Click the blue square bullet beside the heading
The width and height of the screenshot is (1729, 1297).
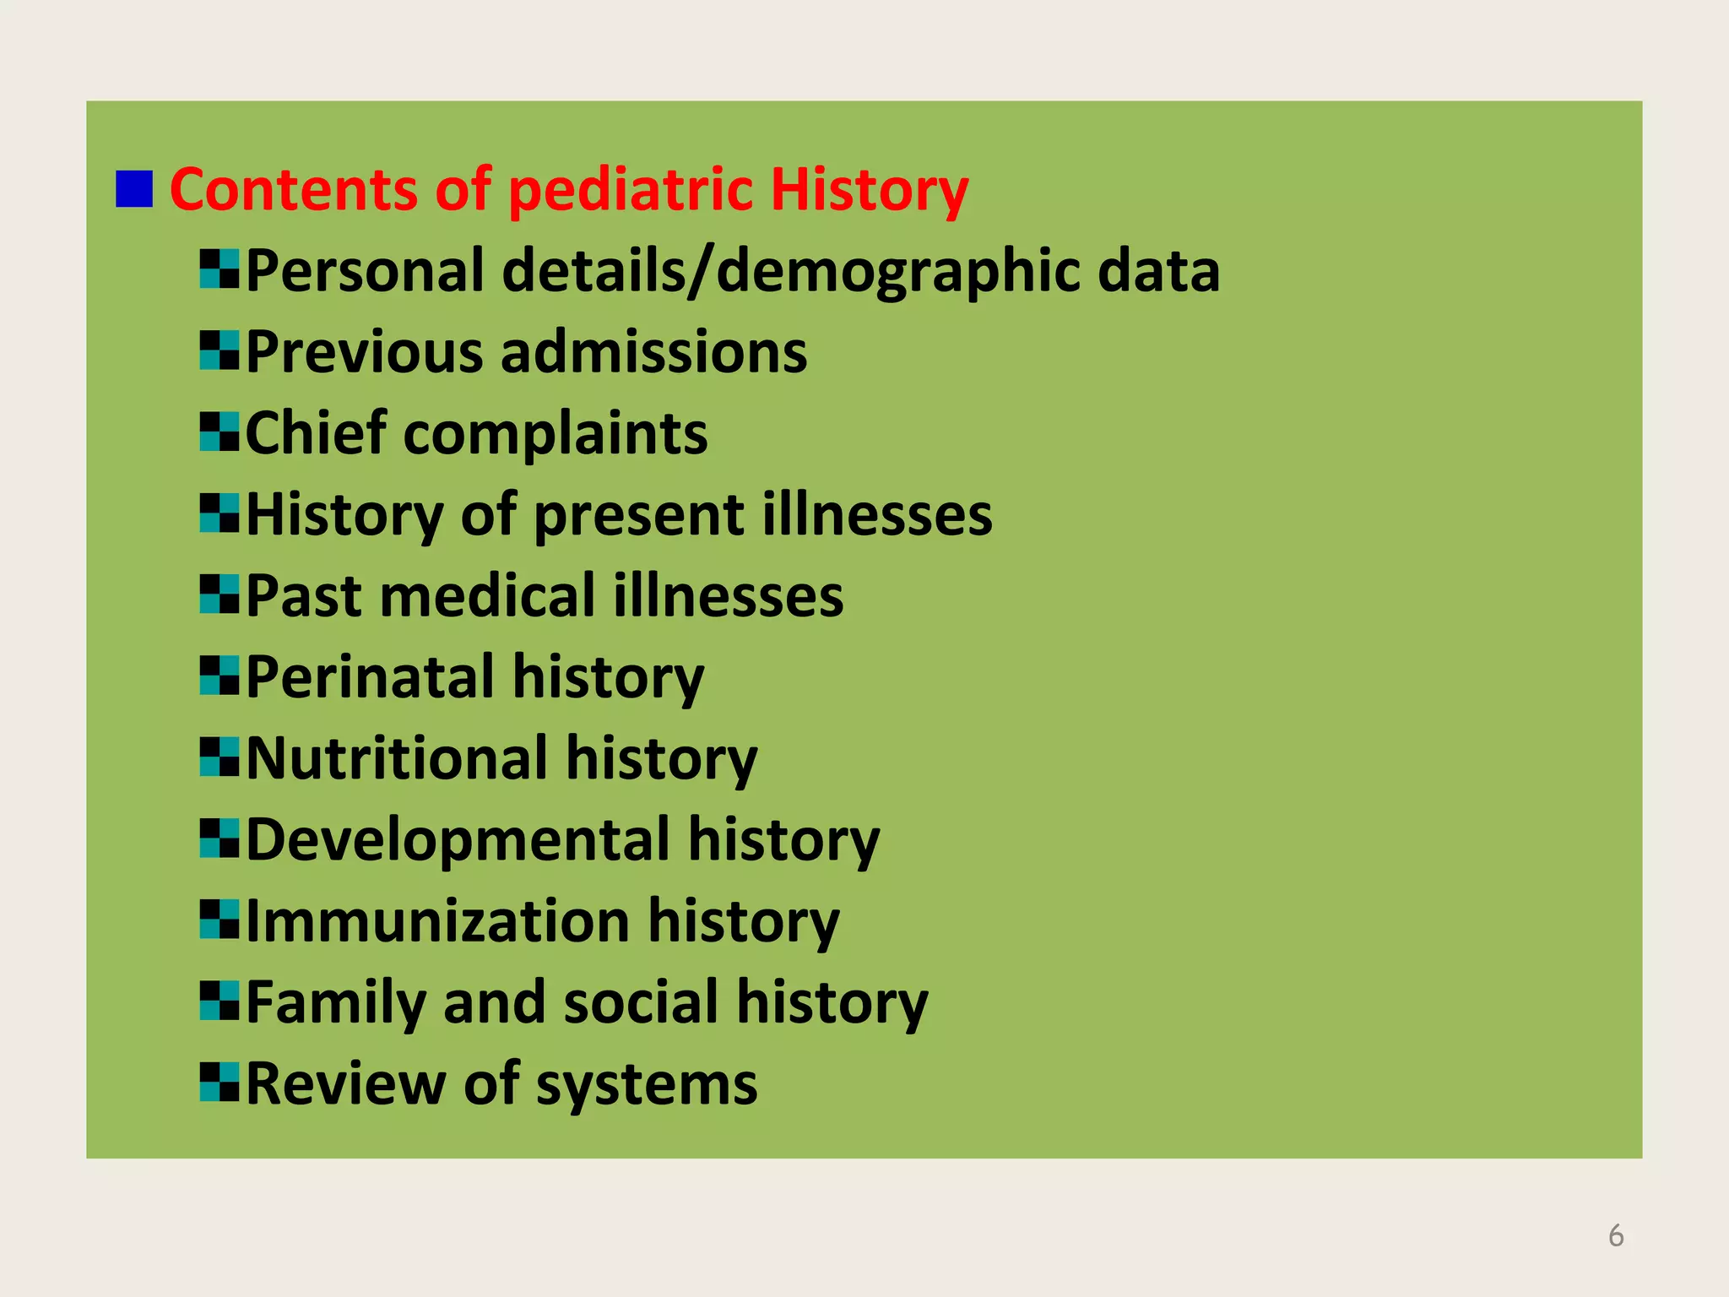134,189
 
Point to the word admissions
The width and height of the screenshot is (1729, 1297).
654,352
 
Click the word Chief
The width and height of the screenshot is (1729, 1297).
316,433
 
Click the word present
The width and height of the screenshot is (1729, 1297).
640,516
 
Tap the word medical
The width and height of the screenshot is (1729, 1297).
489,596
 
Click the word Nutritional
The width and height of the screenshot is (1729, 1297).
397,758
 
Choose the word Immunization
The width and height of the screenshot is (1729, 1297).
438,920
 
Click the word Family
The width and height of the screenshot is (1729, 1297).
336,1003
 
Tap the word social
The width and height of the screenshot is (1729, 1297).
641,1002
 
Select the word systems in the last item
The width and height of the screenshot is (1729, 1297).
647,1085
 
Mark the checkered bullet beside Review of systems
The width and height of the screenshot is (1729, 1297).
220,1083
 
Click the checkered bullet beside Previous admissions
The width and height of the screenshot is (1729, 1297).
220,350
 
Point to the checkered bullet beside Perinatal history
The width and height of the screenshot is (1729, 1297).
220,676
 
